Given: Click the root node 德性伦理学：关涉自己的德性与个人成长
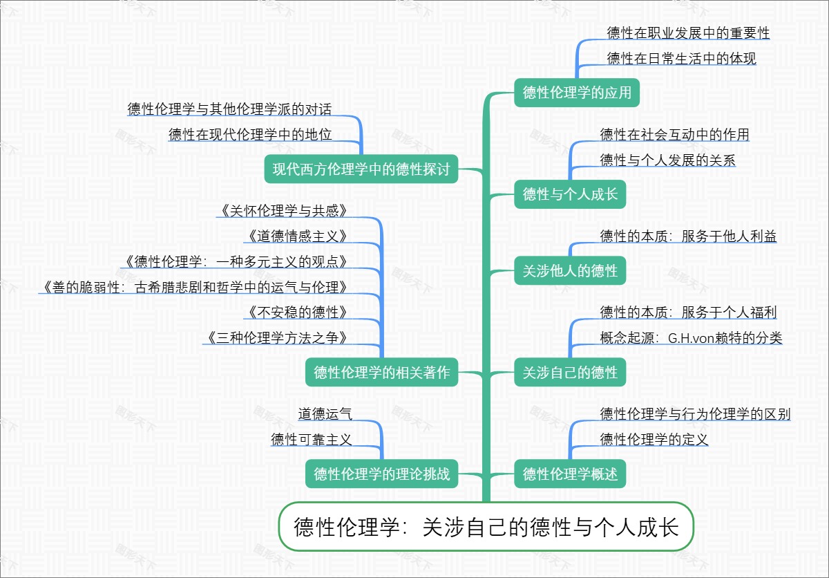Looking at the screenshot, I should tap(486, 528).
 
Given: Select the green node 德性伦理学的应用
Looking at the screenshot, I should tap(577, 93).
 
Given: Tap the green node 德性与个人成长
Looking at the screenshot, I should tap(570, 194).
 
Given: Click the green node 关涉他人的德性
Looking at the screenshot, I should tap(570, 270).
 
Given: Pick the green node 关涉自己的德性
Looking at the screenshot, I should tap(570, 373).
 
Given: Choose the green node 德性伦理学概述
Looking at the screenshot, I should tap(570, 474).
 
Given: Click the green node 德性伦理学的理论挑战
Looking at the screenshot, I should tap(381, 474).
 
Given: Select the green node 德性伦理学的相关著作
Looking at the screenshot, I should tap(381, 373).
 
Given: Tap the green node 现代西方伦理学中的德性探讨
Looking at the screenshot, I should tap(361, 169).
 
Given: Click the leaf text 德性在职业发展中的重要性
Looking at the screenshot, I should tap(688, 32).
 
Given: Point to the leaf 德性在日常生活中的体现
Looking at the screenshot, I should tap(681, 59).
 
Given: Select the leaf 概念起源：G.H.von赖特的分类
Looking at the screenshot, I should tap(691, 338).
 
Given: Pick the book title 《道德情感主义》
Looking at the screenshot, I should tap(296, 236).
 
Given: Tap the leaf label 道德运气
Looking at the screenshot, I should tap(325, 414).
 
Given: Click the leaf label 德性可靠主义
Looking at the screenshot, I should tap(312, 440).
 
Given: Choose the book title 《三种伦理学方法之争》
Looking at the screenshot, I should tap(276, 338).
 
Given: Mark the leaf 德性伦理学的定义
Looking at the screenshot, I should tap(654, 440).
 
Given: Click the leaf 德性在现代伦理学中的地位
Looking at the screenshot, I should tap(250, 135).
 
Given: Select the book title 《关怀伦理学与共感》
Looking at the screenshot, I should tap(282, 210).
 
